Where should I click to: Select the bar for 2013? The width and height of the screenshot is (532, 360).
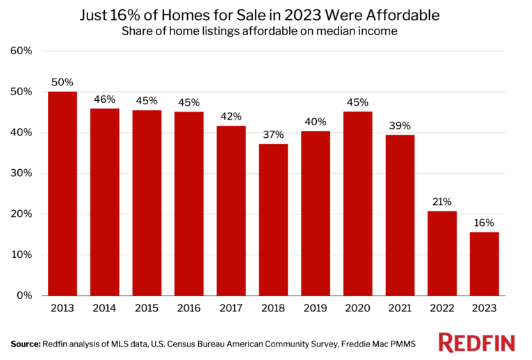(x=63, y=193)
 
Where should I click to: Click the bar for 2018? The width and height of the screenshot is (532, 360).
(x=273, y=220)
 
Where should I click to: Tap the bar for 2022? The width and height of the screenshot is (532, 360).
(x=442, y=253)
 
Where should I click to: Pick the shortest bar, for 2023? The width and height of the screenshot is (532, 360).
(x=484, y=264)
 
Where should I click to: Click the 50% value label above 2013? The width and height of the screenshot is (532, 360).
(x=63, y=82)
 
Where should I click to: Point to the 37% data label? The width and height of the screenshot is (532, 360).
(x=273, y=135)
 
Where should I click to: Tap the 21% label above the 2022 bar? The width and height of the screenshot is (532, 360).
(x=442, y=202)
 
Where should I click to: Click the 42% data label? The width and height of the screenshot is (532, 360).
(x=231, y=117)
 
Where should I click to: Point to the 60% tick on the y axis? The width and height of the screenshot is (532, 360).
(x=23, y=51)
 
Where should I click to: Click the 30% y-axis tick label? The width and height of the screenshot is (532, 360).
(x=23, y=173)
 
